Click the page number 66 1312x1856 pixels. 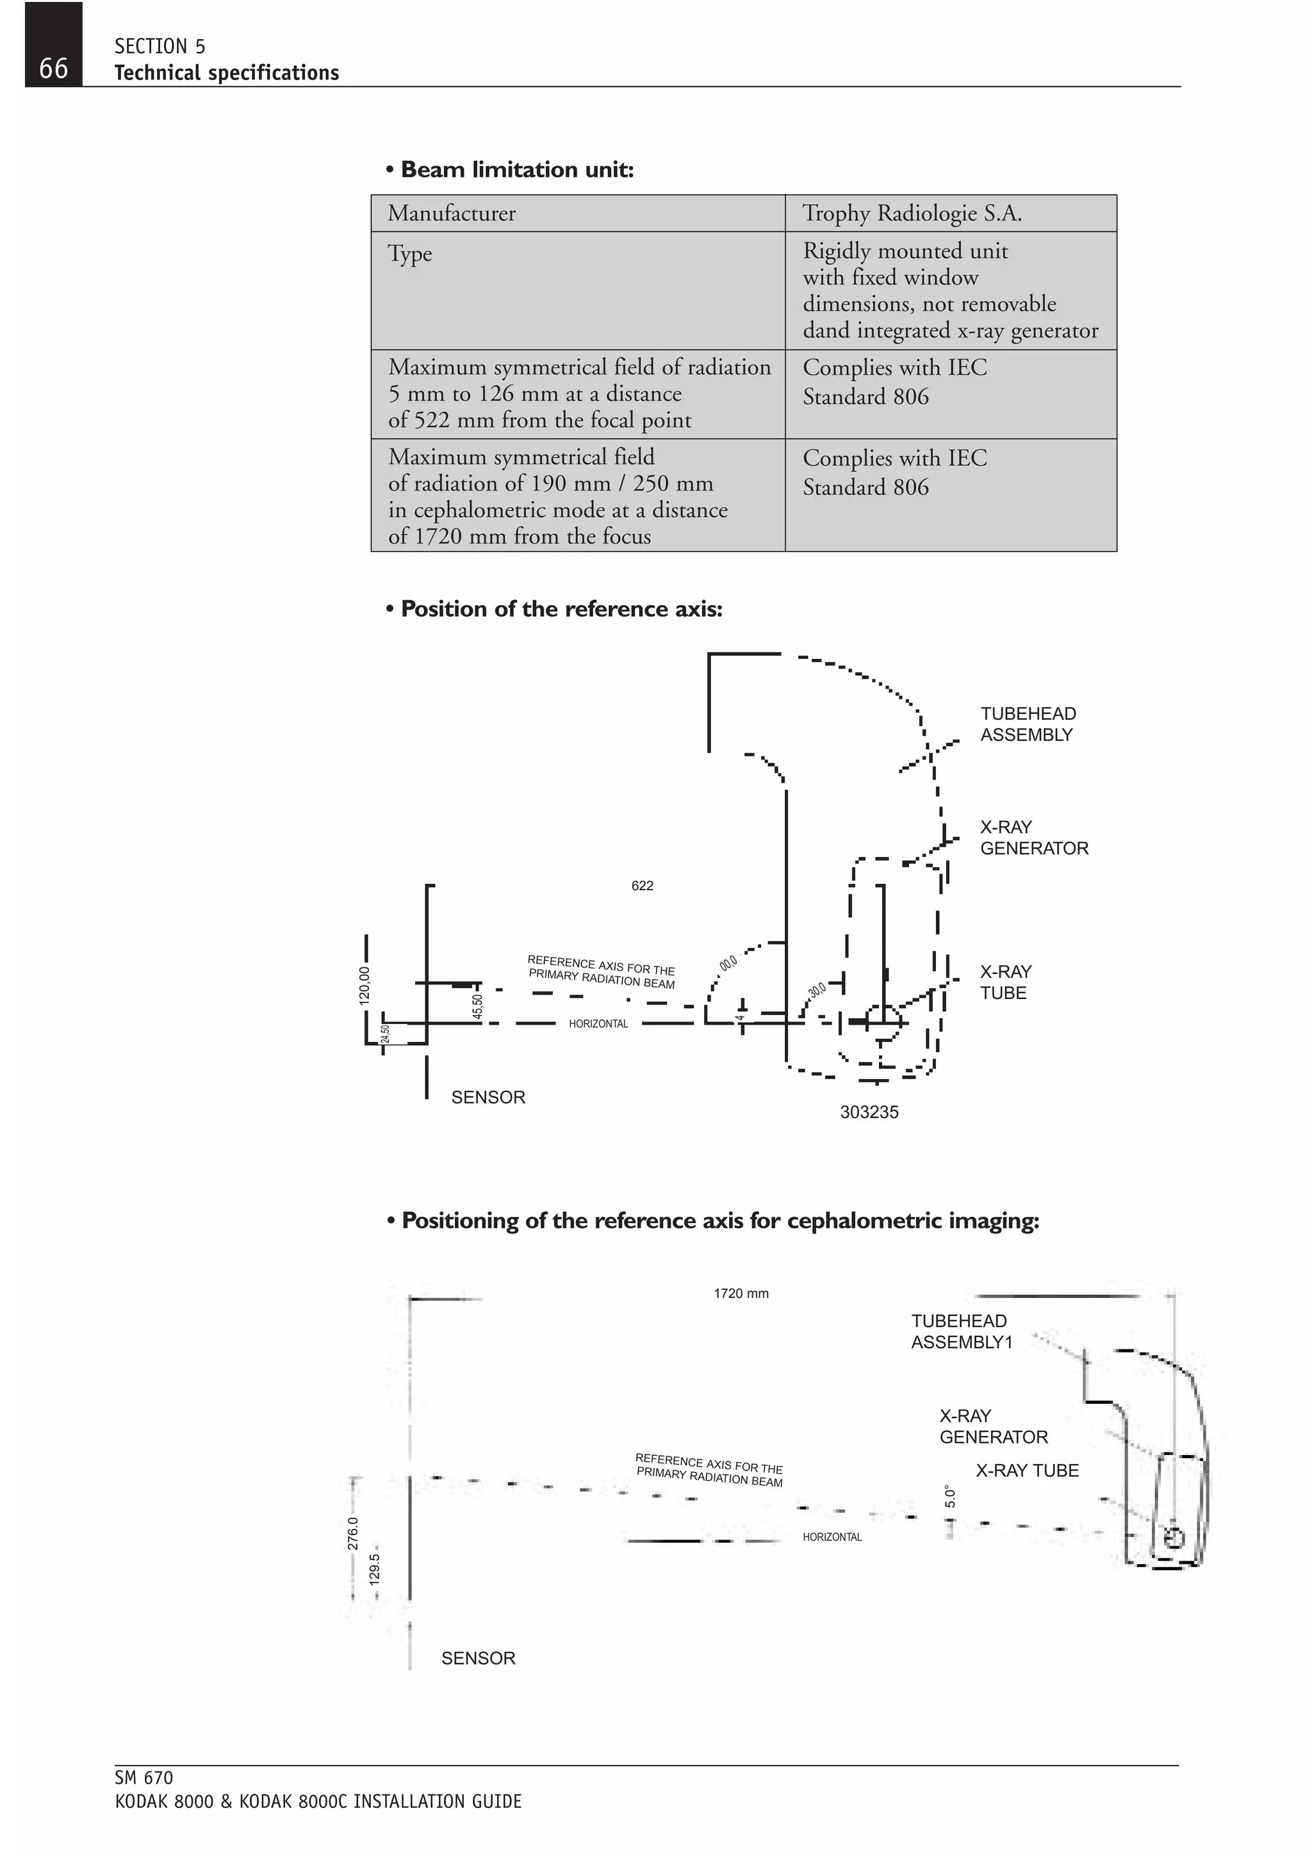pyautogui.click(x=53, y=68)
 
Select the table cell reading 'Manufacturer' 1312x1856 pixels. pyautogui.click(x=451, y=213)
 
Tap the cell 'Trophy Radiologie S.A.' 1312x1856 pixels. pyautogui.click(x=912, y=213)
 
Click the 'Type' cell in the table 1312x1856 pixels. pyautogui.click(x=410, y=254)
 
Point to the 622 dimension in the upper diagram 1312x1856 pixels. pyautogui.click(x=642, y=886)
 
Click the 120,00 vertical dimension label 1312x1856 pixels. pyautogui.click(x=365, y=986)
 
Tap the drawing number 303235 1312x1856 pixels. pyautogui.click(x=869, y=1112)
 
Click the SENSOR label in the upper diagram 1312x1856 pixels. pyautogui.click(x=488, y=1098)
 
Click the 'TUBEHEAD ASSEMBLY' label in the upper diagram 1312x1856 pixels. pyautogui.click(x=1028, y=724)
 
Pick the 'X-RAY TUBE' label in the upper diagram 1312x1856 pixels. pyautogui.click(x=1006, y=982)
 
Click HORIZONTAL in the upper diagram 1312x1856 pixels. pyautogui.click(x=598, y=1024)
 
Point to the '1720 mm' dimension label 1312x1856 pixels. pyautogui.click(x=741, y=1294)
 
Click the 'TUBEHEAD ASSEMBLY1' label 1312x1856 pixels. pyautogui.click(x=961, y=1331)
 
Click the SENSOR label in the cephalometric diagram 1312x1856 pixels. pyautogui.click(x=478, y=1658)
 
